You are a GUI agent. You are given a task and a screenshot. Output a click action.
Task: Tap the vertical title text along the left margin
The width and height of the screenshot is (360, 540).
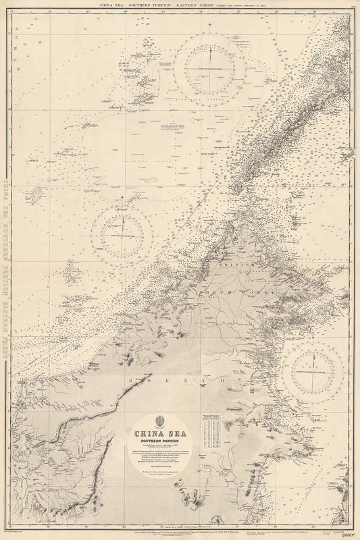click(x=8, y=270)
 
